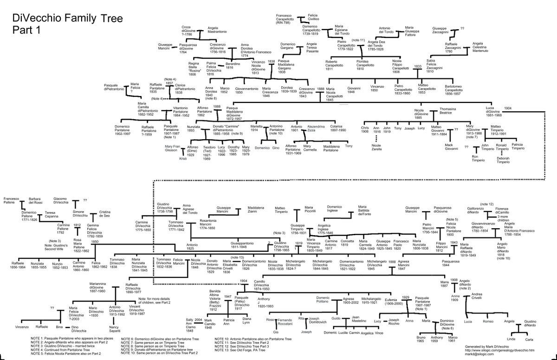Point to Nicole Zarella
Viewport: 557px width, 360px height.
pos(377,148)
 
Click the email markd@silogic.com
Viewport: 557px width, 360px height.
pos(477,354)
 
